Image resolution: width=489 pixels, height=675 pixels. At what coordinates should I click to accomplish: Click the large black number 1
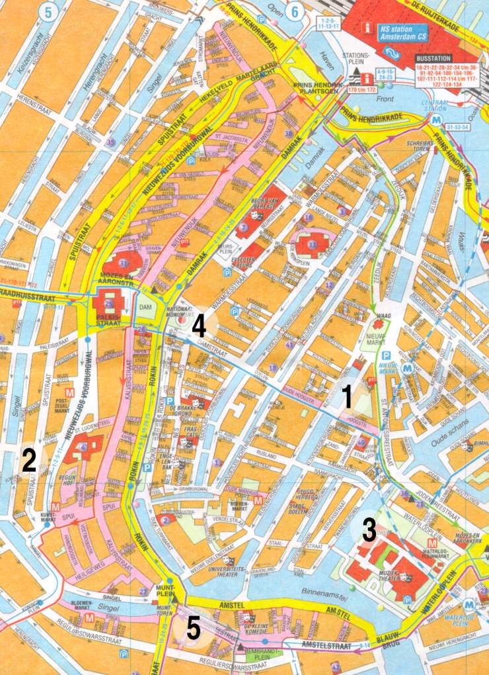pos(346,398)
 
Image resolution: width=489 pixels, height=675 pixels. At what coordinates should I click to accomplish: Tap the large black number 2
pos(28,461)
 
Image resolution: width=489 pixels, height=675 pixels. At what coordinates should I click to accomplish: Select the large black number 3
pos(369,529)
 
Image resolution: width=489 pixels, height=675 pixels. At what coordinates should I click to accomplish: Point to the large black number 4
pos(199,326)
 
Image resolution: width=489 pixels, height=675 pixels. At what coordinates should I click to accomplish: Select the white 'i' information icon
pos(367,29)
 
